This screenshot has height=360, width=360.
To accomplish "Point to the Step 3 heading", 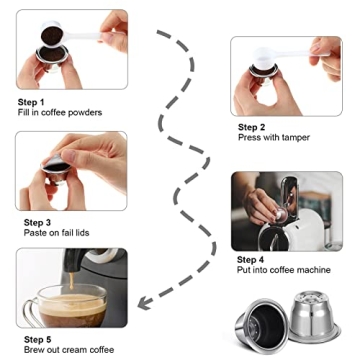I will click(x=32, y=221).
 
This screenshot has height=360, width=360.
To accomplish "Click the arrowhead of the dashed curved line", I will click(x=143, y=298).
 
